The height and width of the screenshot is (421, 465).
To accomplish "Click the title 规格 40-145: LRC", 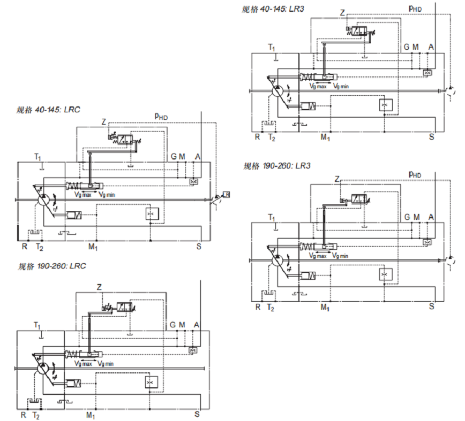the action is pyautogui.click(x=48, y=110).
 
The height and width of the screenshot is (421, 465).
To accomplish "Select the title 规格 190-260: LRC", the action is pyautogui.click(x=51, y=266).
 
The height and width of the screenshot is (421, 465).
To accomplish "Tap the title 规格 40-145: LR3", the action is pyautogui.click(x=273, y=9).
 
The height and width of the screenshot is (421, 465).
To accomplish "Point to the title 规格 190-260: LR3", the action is pyautogui.click(x=277, y=166).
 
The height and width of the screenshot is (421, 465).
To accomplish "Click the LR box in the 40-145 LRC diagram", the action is pyautogui.click(x=226, y=195).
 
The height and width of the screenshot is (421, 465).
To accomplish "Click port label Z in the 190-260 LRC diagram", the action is pyautogui.click(x=99, y=287).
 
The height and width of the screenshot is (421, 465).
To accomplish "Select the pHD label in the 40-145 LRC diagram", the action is pyautogui.click(x=161, y=117).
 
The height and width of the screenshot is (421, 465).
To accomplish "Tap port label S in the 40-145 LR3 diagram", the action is pyautogui.click(x=431, y=136).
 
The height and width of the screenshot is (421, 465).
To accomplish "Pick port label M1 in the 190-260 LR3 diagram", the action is pyautogui.click(x=325, y=308).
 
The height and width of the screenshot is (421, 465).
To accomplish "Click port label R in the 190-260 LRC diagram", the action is pyautogui.click(x=24, y=415).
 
